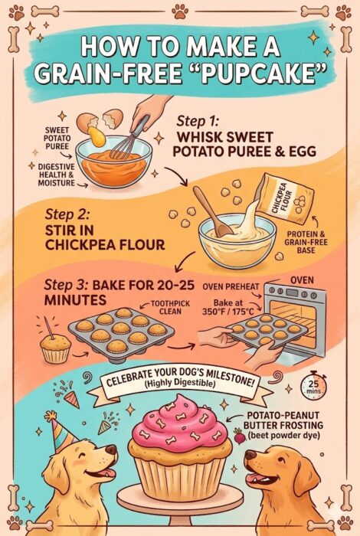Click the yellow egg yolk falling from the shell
pos(96,136)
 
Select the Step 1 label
pos(198,121)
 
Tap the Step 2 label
pos(67,214)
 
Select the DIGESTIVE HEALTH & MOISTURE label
pos(56,175)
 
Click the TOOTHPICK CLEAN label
pos(170,307)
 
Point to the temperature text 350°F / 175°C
pos(227,312)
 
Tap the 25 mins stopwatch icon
pos(313,386)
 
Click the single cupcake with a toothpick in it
pos(54,345)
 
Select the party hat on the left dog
pos(61,431)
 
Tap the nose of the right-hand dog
pos(250,455)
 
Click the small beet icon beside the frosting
pos(239,436)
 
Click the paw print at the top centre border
pos(180,11)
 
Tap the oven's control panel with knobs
pos(293,293)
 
